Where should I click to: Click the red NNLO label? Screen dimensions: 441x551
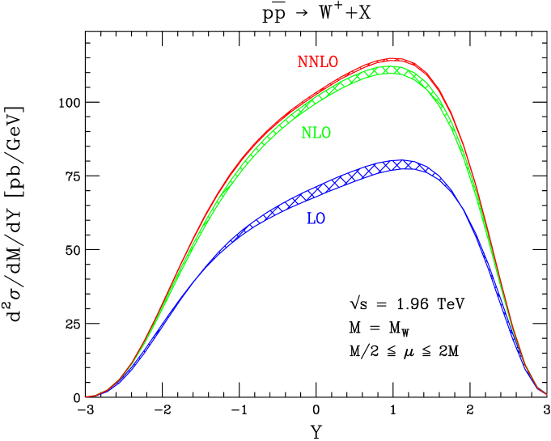317,62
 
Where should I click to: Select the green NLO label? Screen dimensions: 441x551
316,134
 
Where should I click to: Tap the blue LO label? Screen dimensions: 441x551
316,218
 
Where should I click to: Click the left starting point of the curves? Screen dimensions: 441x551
87,396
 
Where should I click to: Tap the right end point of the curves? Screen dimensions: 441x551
546,394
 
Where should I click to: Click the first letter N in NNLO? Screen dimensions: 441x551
303,62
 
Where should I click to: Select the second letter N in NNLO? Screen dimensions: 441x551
312,62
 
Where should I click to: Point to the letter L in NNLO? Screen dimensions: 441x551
322,62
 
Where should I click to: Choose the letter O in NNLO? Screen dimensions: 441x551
333,62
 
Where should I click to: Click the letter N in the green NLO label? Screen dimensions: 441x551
306,134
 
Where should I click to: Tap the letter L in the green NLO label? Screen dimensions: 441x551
316,134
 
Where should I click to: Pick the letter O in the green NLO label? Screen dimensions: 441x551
325,134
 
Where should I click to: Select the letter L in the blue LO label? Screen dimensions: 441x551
311,218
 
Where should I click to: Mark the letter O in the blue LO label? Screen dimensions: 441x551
320,218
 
